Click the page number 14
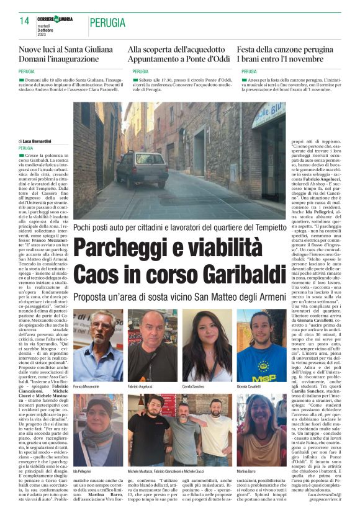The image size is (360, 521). click(25, 20)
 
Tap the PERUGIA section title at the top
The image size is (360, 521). click(107, 22)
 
